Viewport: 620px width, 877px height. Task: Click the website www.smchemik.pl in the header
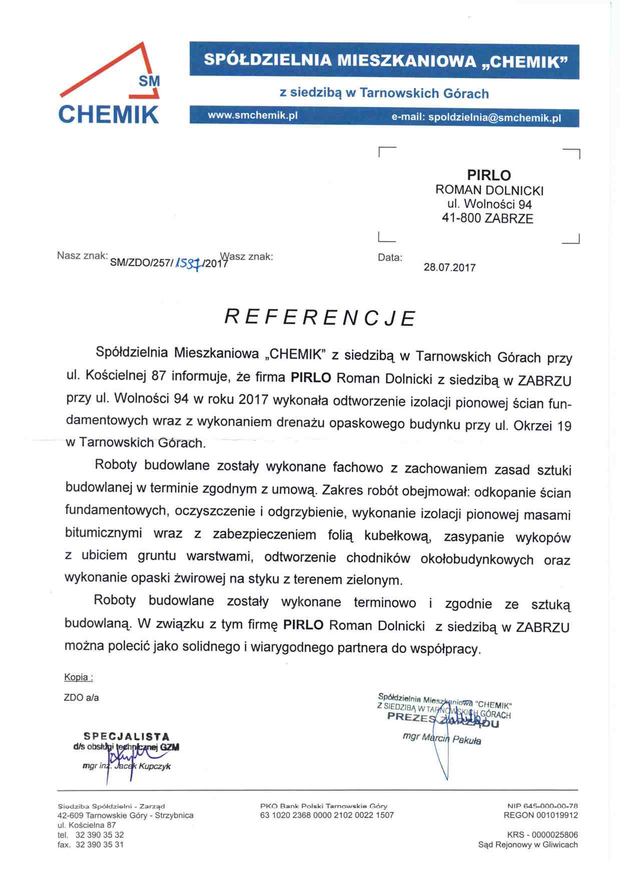point(253,115)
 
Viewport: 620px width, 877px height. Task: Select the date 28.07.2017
point(449,268)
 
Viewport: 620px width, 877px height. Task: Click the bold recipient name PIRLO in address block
point(488,175)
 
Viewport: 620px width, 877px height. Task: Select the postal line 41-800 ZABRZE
point(487,218)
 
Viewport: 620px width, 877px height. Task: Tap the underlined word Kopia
point(78,677)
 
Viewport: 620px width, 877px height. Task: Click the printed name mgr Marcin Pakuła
point(441,738)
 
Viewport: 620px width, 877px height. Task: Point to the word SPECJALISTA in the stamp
point(127,736)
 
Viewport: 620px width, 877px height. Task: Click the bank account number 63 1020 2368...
point(327,815)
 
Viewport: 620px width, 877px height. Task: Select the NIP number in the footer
point(542,805)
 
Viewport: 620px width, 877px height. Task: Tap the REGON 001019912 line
point(540,815)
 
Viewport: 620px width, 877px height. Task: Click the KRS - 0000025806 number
point(542,834)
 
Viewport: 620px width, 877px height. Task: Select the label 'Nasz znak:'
point(82,256)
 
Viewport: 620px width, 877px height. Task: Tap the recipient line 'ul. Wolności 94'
point(489,204)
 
